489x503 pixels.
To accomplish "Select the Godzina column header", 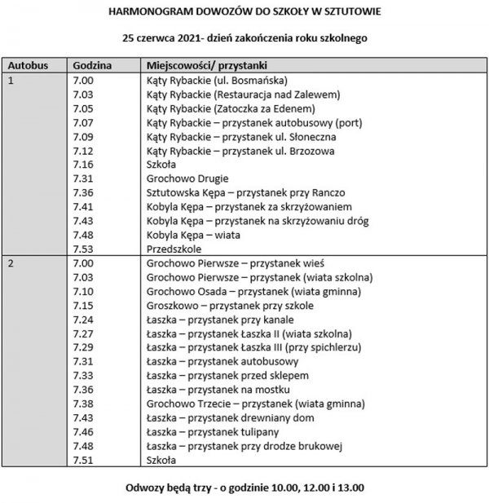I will click(x=92, y=64).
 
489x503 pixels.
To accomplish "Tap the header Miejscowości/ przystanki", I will click(x=205, y=64).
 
